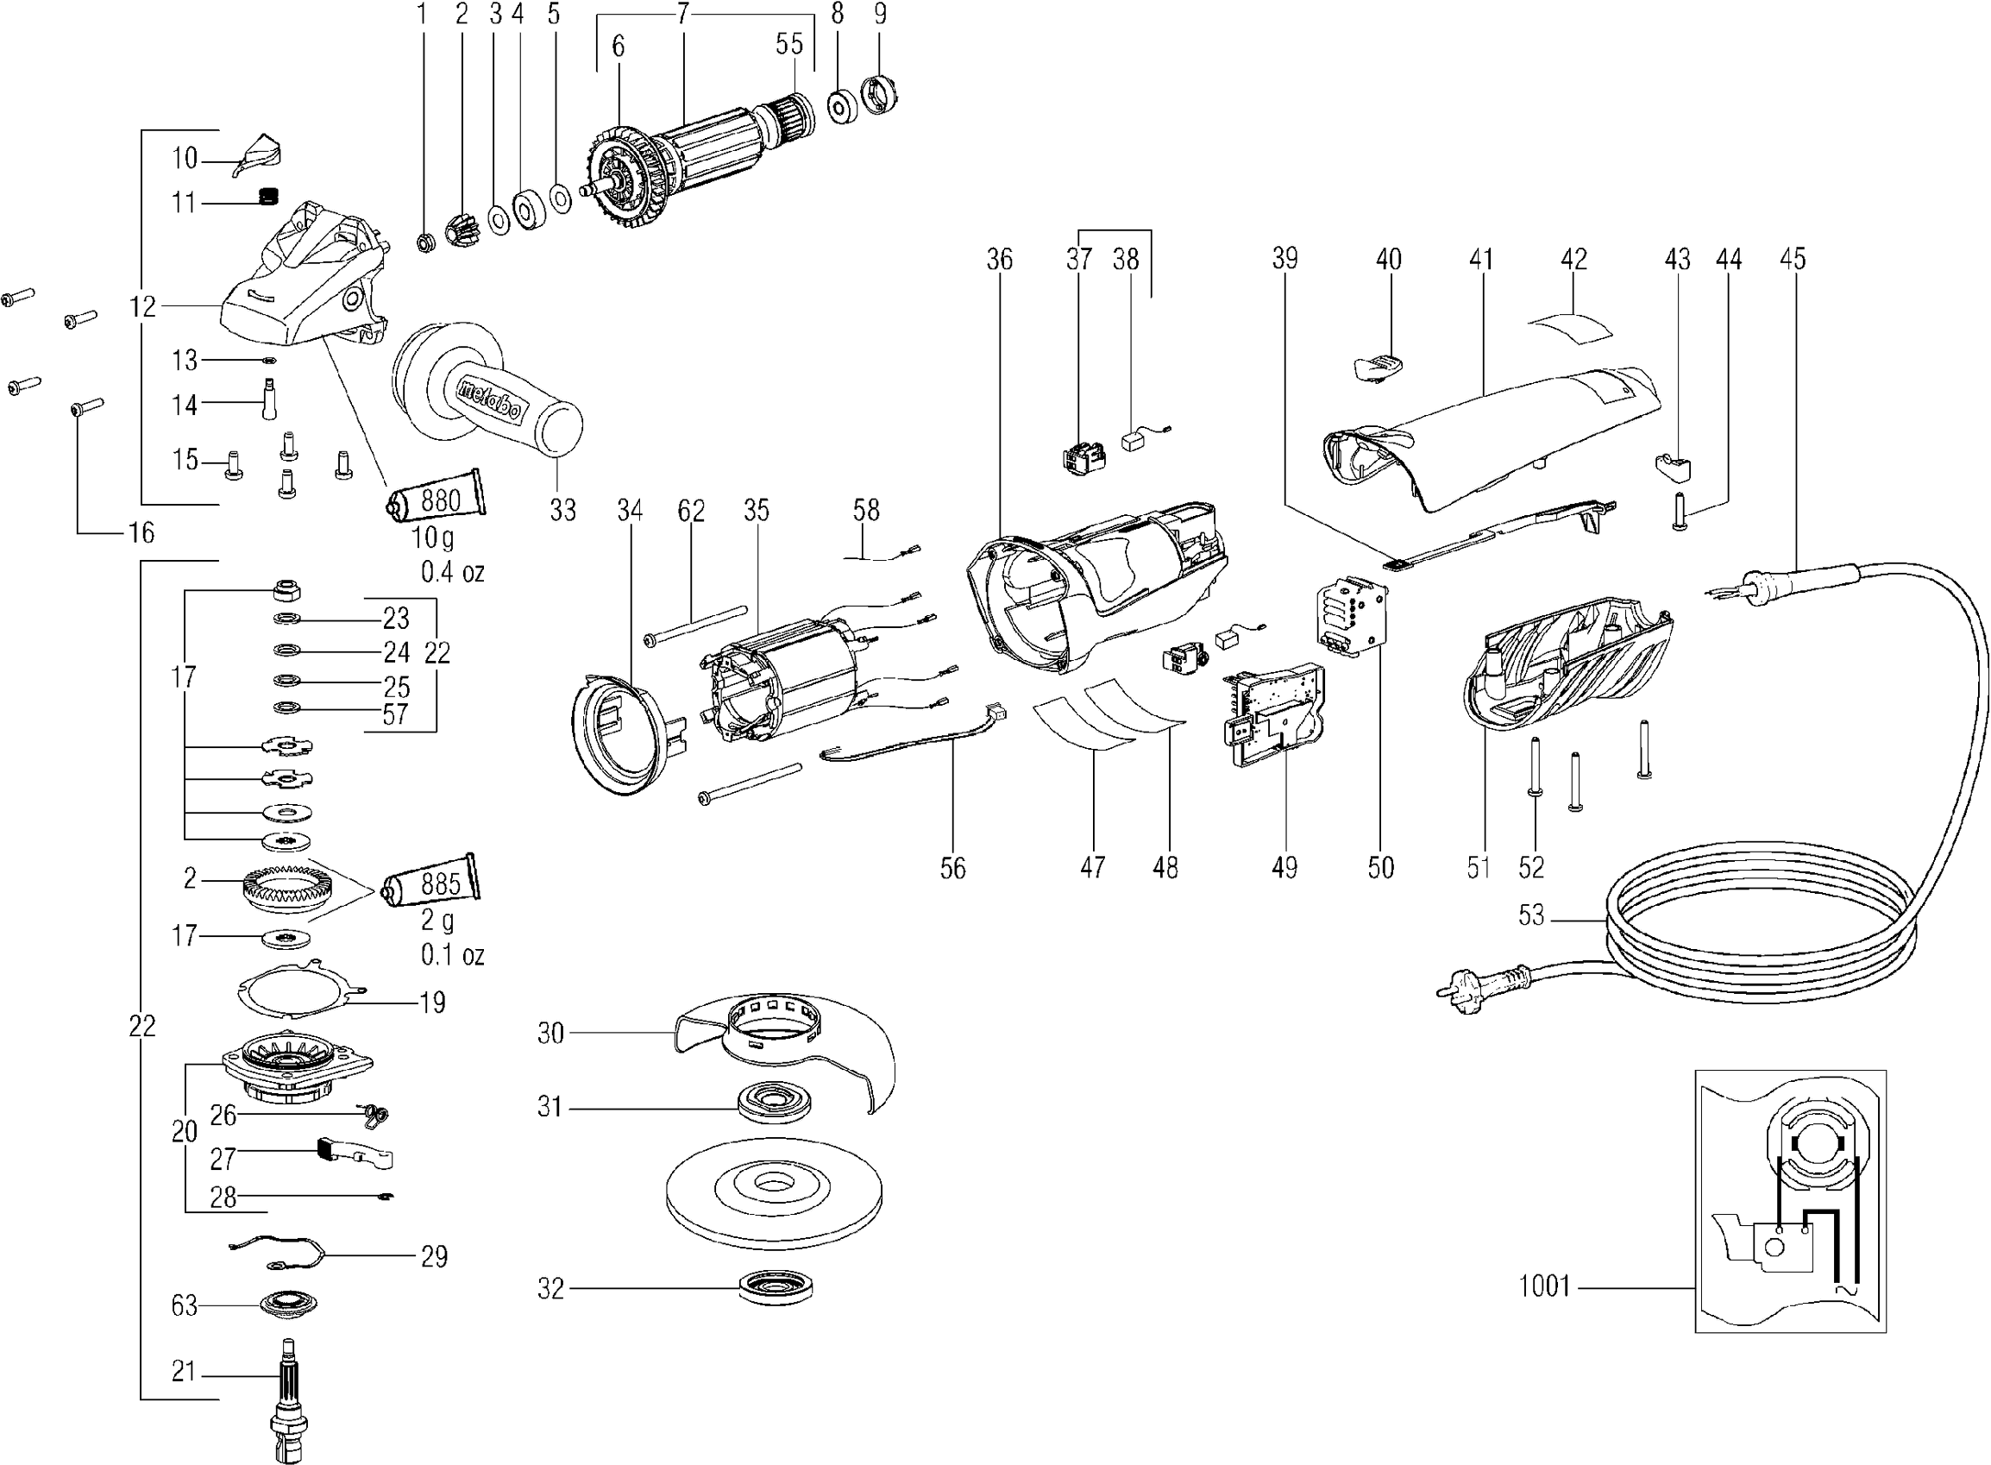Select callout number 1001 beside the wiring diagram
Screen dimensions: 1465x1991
(1544, 1286)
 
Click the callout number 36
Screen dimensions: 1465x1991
(999, 260)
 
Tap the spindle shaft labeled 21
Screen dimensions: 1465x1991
(288, 1392)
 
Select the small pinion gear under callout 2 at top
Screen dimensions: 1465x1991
(463, 232)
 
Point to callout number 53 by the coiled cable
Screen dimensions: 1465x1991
(1531, 915)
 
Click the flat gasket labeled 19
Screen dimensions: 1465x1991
(301, 990)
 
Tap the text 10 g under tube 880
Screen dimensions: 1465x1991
(431, 538)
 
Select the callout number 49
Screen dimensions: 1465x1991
(1284, 867)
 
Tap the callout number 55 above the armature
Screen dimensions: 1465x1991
(789, 45)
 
